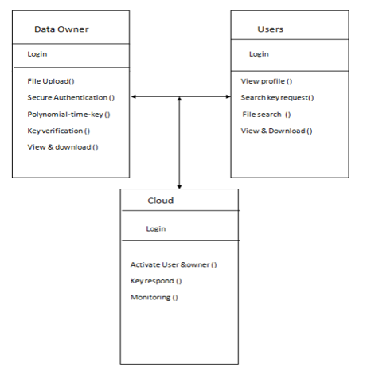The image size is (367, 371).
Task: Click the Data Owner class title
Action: tap(61, 29)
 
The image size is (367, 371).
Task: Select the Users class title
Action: tap(271, 29)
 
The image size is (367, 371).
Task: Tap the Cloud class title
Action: tap(161, 201)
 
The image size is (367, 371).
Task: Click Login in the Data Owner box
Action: tap(37, 54)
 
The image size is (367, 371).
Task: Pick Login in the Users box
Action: tap(259, 54)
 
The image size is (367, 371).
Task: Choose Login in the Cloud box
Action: tap(156, 229)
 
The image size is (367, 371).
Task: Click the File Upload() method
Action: tap(51, 81)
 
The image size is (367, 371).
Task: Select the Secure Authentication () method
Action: tap(71, 98)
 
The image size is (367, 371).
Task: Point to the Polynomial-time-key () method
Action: tap(68, 115)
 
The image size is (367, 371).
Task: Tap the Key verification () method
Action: tap(59, 131)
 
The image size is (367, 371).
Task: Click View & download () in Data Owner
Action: tap(63, 147)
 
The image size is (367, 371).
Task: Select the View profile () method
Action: tap(267, 81)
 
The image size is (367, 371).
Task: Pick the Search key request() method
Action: tap(277, 98)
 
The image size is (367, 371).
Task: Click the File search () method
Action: tap(267, 115)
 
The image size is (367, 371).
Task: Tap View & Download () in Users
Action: tap(276, 131)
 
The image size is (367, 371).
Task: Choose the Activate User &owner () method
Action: tap(174, 264)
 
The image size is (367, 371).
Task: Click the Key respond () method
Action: tap(156, 281)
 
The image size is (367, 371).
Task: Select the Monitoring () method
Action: tap(154, 298)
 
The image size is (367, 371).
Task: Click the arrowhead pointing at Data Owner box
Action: tap(134, 96)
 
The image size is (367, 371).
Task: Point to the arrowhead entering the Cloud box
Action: tap(179, 187)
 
